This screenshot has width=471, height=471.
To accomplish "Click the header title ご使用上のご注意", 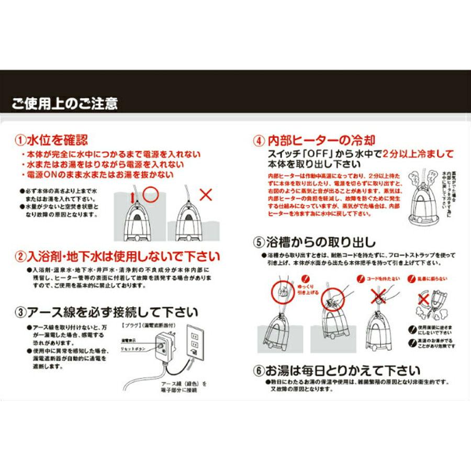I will coord(65,103).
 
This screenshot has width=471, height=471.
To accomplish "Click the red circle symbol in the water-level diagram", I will coord(151,194).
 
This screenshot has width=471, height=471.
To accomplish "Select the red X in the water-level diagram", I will coord(206,195).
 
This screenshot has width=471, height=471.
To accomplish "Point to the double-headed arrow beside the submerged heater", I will coord(133,198).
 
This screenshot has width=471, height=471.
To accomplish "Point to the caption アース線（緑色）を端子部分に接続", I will coord(183,387).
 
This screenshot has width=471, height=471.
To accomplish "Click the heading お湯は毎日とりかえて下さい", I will coord(343,371).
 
